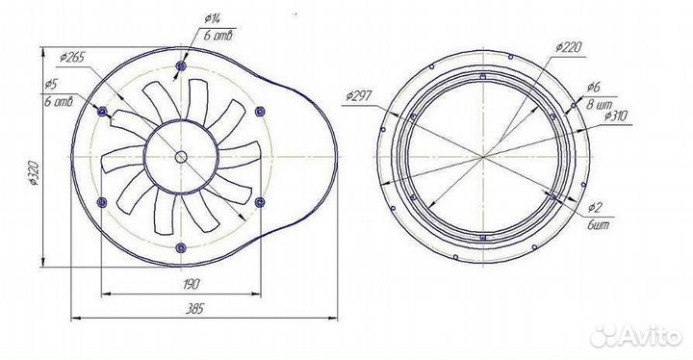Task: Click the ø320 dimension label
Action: point(35,173)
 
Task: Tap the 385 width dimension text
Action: point(194,308)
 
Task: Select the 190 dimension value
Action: point(191,284)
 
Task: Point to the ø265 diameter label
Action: point(71,58)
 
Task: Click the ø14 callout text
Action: point(214,18)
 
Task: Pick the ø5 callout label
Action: point(52,84)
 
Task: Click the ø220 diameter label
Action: point(569,47)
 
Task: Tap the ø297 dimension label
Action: point(359,95)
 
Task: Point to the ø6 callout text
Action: point(593,87)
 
